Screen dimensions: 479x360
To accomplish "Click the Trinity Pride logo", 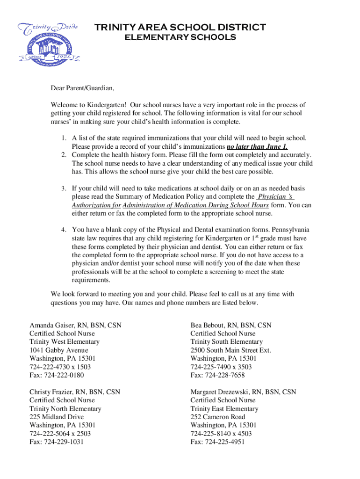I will click(48, 43).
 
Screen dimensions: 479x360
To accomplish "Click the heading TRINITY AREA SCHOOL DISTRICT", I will click(180, 28).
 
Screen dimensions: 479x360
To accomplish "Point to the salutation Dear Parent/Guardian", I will click(82, 88).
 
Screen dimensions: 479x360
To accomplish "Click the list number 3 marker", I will click(63, 189).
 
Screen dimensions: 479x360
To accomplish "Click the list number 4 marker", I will click(63, 230).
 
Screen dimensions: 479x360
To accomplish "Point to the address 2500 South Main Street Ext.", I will click(230, 350).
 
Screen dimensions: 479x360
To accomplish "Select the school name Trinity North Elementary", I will click(65, 408).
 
